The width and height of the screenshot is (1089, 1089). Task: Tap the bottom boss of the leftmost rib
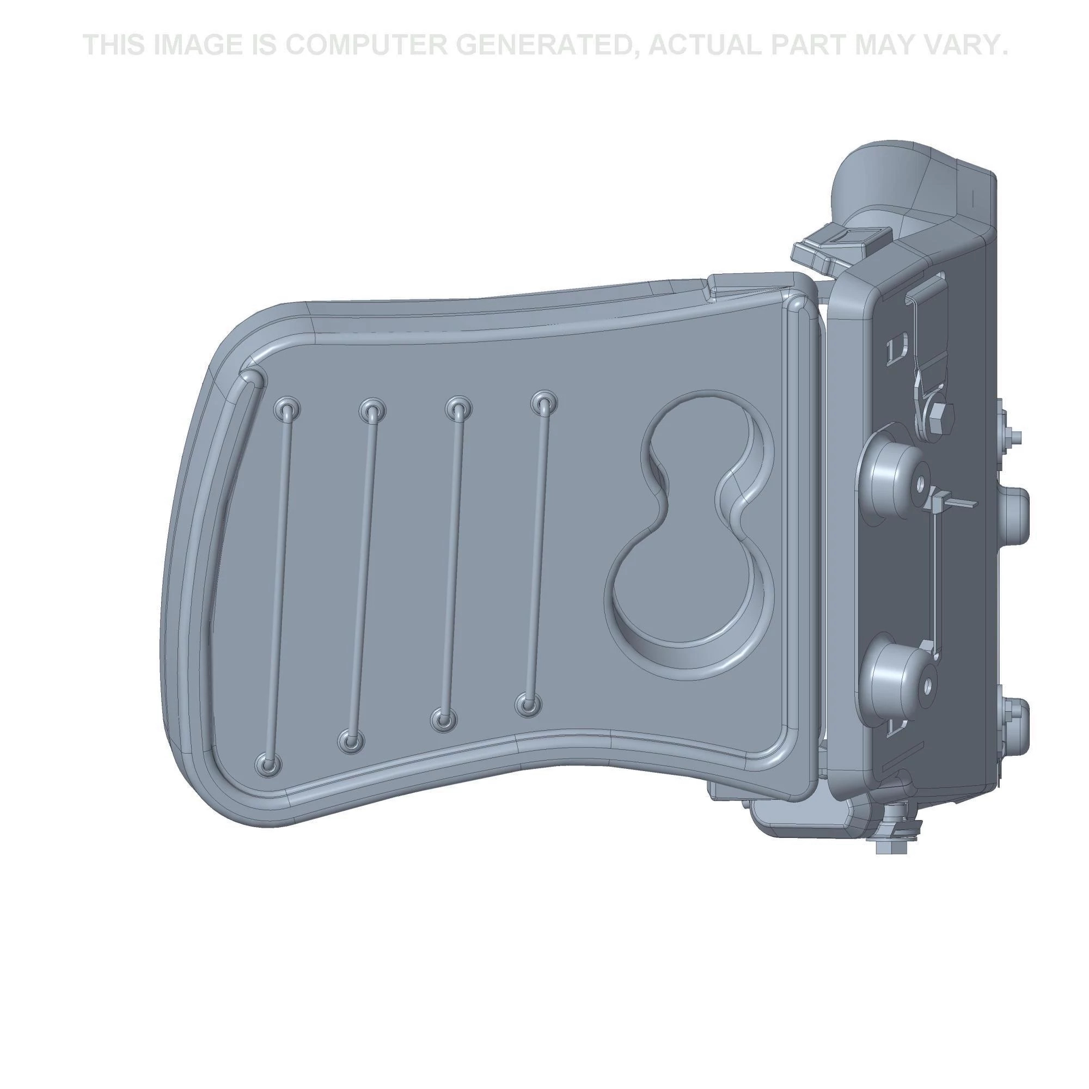pyautogui.click(x=269, y=764)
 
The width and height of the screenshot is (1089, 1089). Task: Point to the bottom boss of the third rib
pyautogui.click(x=444, y=720)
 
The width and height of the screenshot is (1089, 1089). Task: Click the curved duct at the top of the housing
pyautogui.click(x=879, y=180)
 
